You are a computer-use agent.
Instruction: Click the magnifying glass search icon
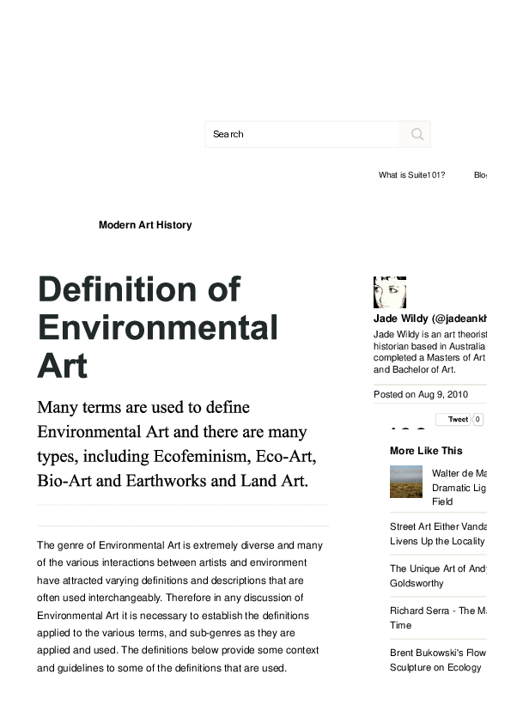(417, 134)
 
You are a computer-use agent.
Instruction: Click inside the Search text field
(301, 134)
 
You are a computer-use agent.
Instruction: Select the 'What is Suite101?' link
(411, 175)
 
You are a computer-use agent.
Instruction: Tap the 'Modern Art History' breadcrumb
(145, 225)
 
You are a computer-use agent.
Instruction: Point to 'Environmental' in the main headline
(157, 329)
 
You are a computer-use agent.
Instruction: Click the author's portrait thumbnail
(389, 292)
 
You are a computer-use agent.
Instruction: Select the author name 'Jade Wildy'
(401, 319)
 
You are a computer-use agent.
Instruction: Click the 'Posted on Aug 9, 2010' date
(421, 395)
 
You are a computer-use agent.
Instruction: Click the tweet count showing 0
(478, 420)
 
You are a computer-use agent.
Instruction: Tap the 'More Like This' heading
(426, 451)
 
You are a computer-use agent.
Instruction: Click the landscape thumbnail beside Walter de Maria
(405, 482)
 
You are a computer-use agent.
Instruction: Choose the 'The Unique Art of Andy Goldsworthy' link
(438, 576)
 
